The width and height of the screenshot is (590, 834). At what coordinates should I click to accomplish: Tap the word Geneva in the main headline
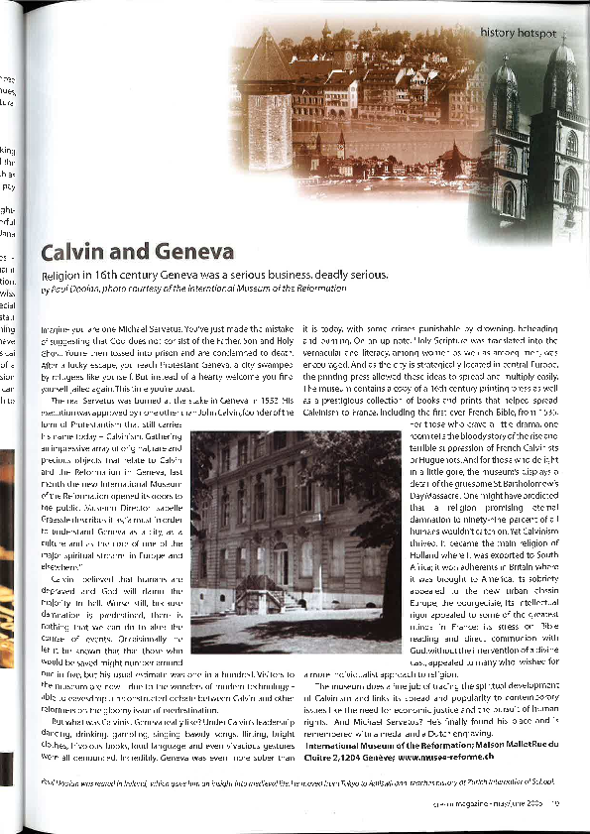click(x=187, y=251)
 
